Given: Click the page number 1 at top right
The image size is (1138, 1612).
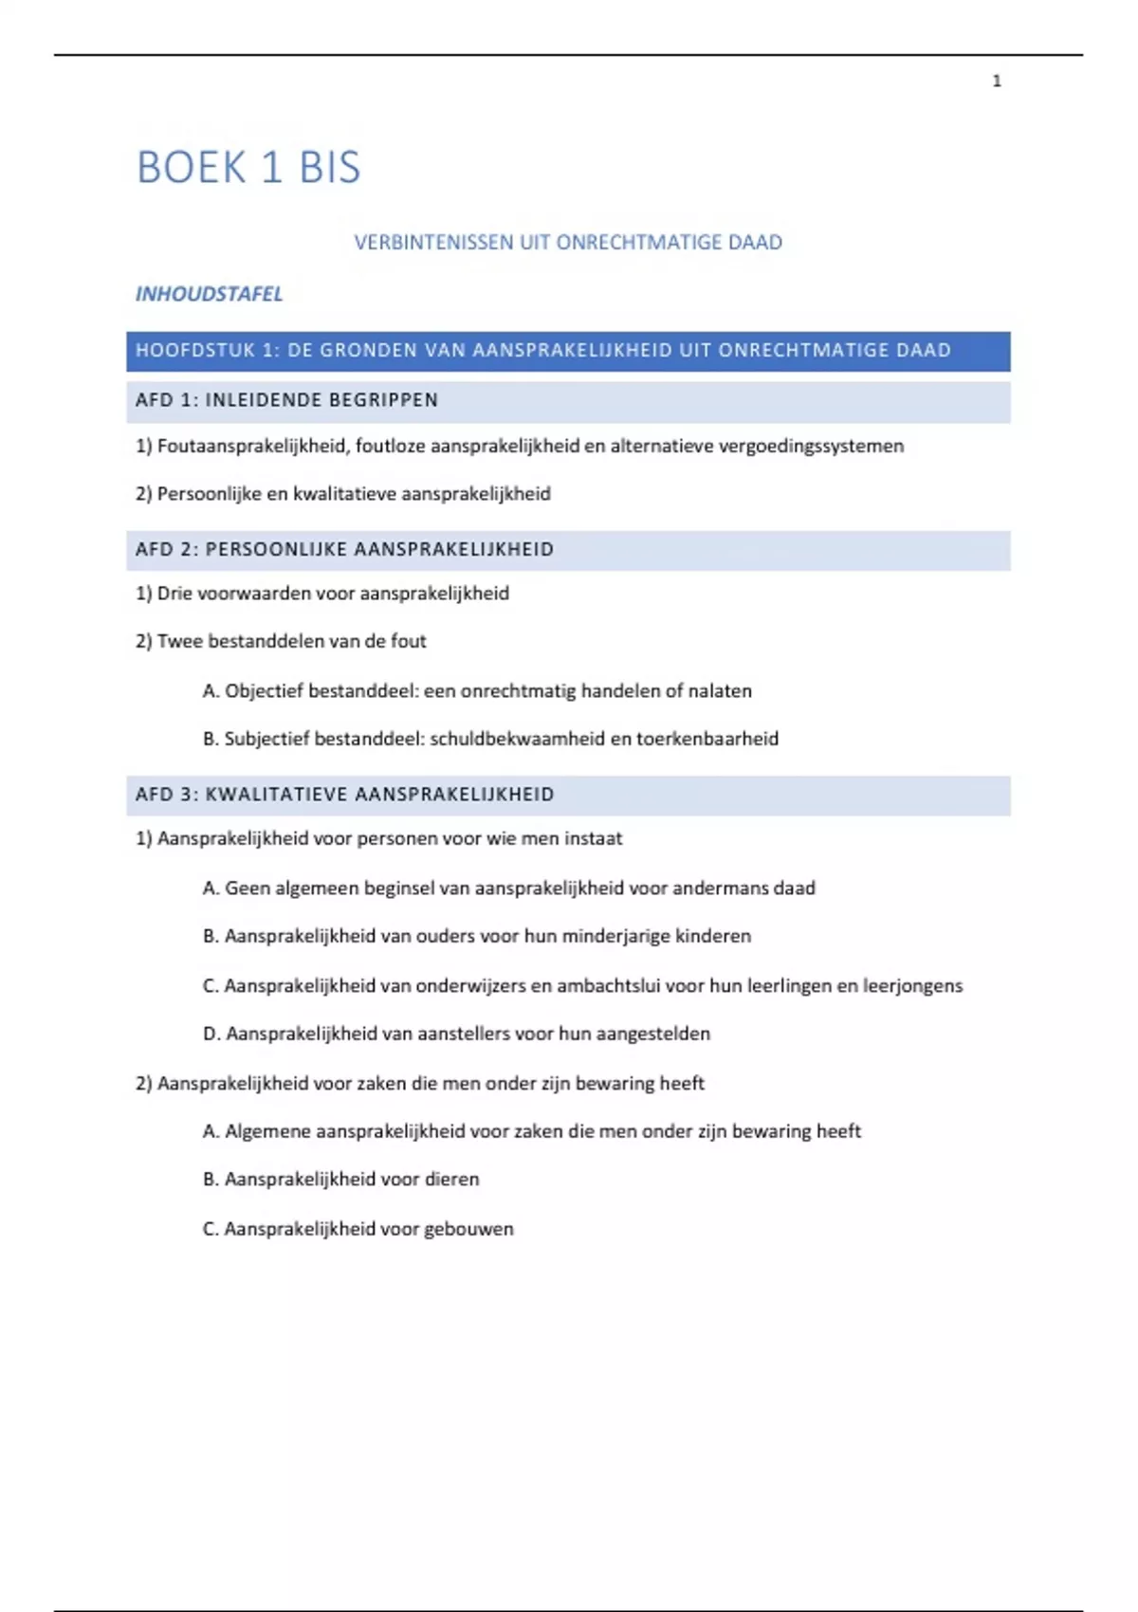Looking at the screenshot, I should [x=996, y=82].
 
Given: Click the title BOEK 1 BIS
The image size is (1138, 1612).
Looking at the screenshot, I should [x=248, y=168].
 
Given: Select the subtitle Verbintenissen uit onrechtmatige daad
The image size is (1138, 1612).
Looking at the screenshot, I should [x=568, y=243].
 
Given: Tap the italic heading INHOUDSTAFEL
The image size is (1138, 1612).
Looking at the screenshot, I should [x=209, y=294].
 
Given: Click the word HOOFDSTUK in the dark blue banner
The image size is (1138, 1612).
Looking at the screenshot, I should [x=195, y=351].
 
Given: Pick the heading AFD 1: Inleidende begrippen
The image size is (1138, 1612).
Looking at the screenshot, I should [x=286, y=401].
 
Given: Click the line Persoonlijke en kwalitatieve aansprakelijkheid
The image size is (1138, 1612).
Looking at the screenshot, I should [x=343, y=494].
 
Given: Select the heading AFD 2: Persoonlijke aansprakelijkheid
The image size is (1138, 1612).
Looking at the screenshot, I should [x=344, y=550].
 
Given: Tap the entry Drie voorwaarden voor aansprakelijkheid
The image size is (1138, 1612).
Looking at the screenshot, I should [x=322, y=594].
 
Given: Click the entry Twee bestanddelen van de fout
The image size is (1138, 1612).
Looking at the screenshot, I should [x=281, y=642].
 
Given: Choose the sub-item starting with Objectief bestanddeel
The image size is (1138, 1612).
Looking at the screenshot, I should [x=477, y=691].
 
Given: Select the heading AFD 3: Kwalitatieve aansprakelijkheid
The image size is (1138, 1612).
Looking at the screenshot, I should [x=344, y=795].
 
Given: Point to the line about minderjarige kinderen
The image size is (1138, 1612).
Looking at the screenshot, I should [x=477, y=937].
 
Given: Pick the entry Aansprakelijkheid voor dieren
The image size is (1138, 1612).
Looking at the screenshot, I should [x=341, y=1180].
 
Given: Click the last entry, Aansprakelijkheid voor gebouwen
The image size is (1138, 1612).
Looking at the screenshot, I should [x=358, y=1230].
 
